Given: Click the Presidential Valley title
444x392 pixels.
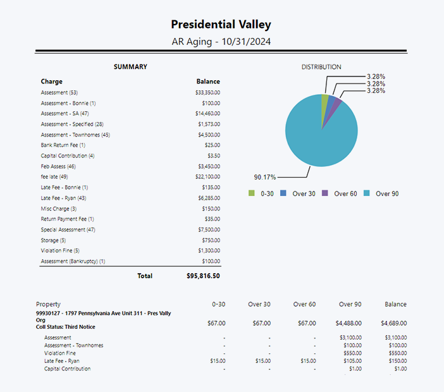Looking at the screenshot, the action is tap(221, 24).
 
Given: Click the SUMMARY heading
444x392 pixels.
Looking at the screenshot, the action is tap(130, 67).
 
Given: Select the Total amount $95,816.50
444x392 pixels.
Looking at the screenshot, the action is tap(203, 276).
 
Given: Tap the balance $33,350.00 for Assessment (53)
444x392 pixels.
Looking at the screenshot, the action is tap(207, 92).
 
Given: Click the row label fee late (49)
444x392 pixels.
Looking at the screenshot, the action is tap(54, 176).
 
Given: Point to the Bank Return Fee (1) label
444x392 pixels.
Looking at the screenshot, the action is tap(63, 145).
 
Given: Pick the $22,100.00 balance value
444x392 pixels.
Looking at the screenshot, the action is tap(207, 176).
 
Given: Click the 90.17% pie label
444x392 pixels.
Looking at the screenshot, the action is tap(265, 177).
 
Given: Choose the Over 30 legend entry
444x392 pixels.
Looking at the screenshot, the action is tap(298, 193).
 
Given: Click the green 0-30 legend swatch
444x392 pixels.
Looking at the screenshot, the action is tap(252, 193).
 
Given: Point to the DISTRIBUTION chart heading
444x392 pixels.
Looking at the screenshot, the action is tap(321, 67).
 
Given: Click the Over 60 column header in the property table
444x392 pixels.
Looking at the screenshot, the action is tap(304, 304).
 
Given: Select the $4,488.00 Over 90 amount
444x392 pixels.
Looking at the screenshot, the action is tap(348, 323).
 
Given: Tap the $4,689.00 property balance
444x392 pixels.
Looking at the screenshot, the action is tap(393, 323).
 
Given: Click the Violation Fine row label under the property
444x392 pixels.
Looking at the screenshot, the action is tap(59, 353).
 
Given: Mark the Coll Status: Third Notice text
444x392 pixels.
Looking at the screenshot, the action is tap(65, 327).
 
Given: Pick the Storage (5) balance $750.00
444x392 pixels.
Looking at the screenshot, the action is tap(211, 240).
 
